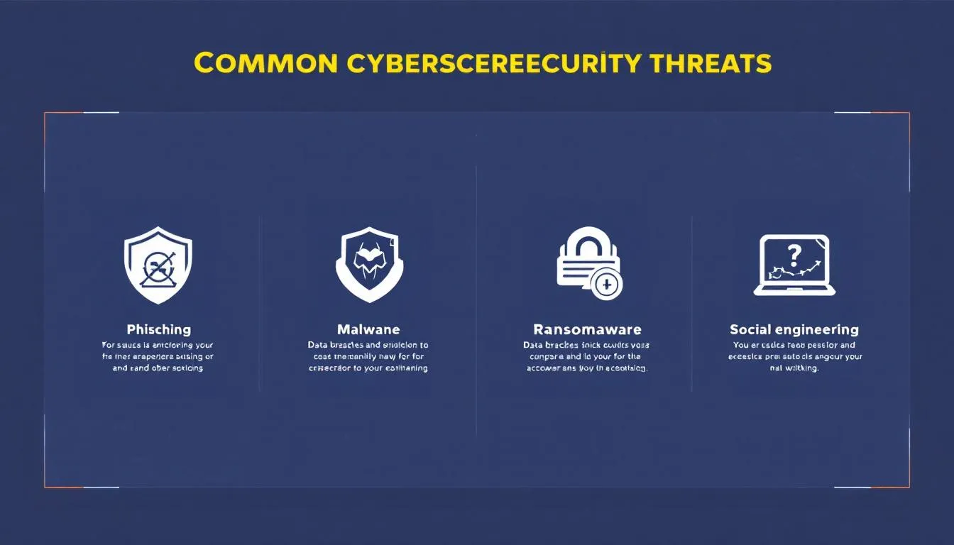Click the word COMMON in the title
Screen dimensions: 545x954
tap(265, 63)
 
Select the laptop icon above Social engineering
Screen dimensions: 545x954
tap(794, 265)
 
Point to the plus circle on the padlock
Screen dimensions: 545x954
tap(606, 285)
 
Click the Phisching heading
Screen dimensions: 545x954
tap(158, 329)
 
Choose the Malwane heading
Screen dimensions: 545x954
tap(368, 329)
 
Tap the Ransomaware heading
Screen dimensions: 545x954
tap(587, 329)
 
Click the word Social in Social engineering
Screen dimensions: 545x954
tap(750, 329)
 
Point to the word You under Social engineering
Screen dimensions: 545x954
tap(741, 346)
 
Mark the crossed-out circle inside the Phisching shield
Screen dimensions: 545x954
tap(156, 269)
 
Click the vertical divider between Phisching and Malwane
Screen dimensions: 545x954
tap(260, 305)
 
